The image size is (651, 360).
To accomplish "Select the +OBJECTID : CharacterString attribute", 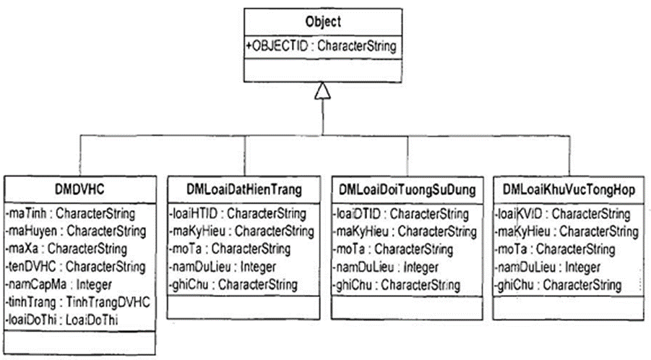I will click(x=322, y=46).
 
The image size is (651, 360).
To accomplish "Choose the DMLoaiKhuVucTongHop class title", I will click(x=569, y=190).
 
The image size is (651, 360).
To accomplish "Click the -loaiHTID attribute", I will click(x=237, y=214).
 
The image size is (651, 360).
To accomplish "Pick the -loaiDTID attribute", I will click(x=400, y=214).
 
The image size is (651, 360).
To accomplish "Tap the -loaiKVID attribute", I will click(x=562, y=214).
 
